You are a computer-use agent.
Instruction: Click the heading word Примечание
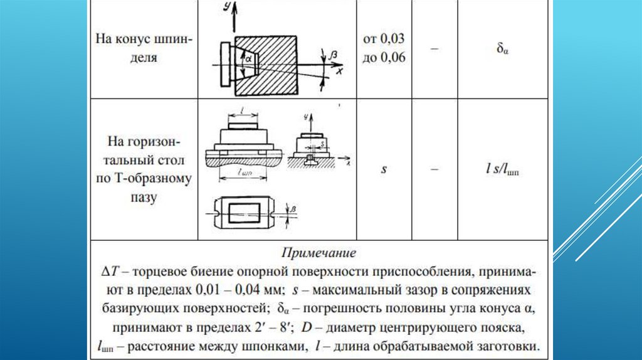pyautogui.click(x=320, y=254)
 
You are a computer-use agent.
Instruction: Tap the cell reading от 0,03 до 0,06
pyautogui.click(x=384, y=48)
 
